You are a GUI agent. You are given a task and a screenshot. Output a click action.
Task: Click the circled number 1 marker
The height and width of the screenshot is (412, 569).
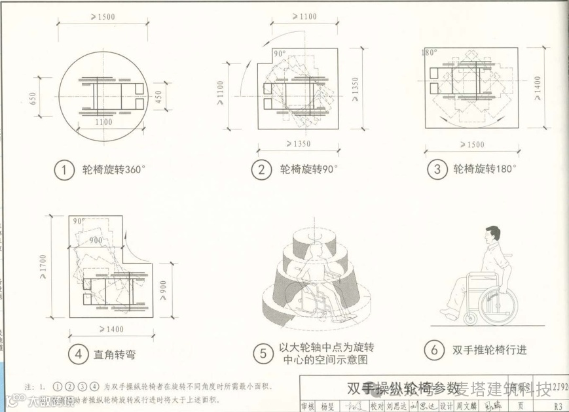pos(64,170)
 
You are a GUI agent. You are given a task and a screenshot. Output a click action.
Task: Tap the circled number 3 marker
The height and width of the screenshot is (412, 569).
pos(435,170)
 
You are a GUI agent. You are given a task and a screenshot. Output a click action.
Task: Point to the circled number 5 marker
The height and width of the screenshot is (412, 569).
pos(262,354)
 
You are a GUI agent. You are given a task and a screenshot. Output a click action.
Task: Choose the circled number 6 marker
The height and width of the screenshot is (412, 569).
pos(433,350)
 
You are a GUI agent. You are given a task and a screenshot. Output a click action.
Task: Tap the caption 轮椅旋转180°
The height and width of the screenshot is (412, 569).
pos(485,170)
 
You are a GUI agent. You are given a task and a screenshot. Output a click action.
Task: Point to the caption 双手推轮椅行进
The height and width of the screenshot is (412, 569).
pos(489,350)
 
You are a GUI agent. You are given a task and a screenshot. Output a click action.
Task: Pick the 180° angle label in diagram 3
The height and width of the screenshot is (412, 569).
pos(430,53)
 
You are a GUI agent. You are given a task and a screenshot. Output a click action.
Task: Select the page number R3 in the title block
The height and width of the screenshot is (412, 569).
pos(557,405)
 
